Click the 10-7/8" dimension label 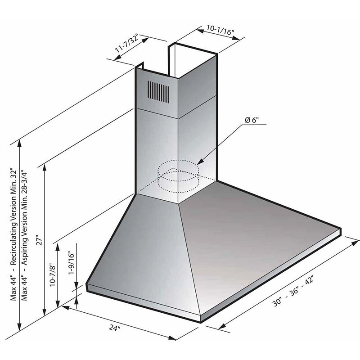click(53, 275)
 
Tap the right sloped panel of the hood click(252, 243)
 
